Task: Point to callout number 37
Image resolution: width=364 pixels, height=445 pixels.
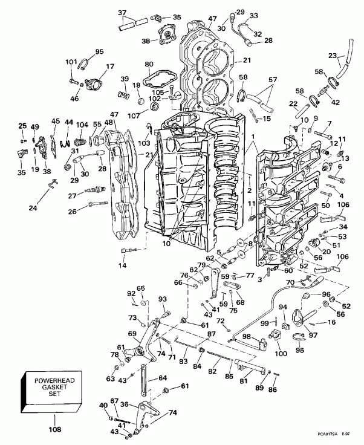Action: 122,13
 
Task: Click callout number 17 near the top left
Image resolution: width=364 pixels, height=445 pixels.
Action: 110,67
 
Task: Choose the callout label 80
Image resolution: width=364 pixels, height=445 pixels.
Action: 149,64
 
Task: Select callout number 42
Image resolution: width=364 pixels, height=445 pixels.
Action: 335,103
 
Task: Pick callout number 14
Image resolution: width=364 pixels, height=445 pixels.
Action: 123,265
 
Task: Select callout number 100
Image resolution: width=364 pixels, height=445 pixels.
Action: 281,352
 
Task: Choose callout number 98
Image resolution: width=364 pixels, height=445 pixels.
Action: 247,336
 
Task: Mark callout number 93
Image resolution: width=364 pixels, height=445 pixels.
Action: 163,299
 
